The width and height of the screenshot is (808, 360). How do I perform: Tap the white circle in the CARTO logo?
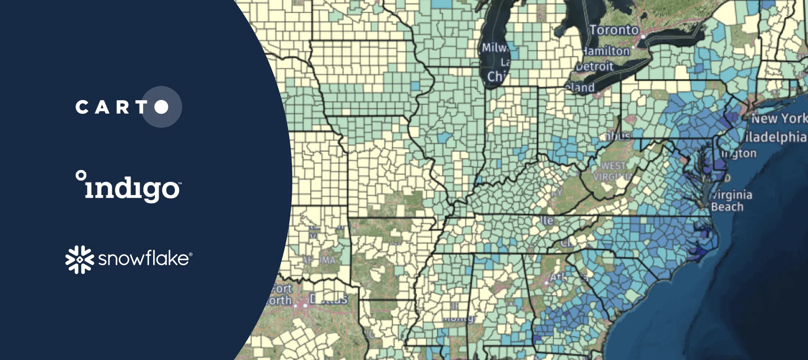[162, 107]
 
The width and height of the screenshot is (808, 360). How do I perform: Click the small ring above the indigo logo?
[81, 175]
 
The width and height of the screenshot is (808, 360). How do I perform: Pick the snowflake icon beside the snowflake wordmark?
[80, 259]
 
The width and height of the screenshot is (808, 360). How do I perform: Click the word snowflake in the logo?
[144, 259]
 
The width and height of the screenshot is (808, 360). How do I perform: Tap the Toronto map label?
[614, 30]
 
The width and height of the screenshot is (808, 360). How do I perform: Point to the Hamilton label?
[606, 51]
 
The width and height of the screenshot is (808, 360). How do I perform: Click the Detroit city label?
[595, 66]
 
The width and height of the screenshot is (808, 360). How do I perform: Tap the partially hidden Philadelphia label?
[775, 137]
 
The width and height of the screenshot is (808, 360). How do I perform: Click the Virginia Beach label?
[731, 201]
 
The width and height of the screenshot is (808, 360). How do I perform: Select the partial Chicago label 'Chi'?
[496, 76]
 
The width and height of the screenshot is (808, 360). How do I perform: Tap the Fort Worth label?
[281, 295]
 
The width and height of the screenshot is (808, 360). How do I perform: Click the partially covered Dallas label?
[329, 299]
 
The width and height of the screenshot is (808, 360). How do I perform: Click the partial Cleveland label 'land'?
[580, 87]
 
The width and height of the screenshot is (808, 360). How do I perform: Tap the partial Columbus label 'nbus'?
[617, 136]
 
